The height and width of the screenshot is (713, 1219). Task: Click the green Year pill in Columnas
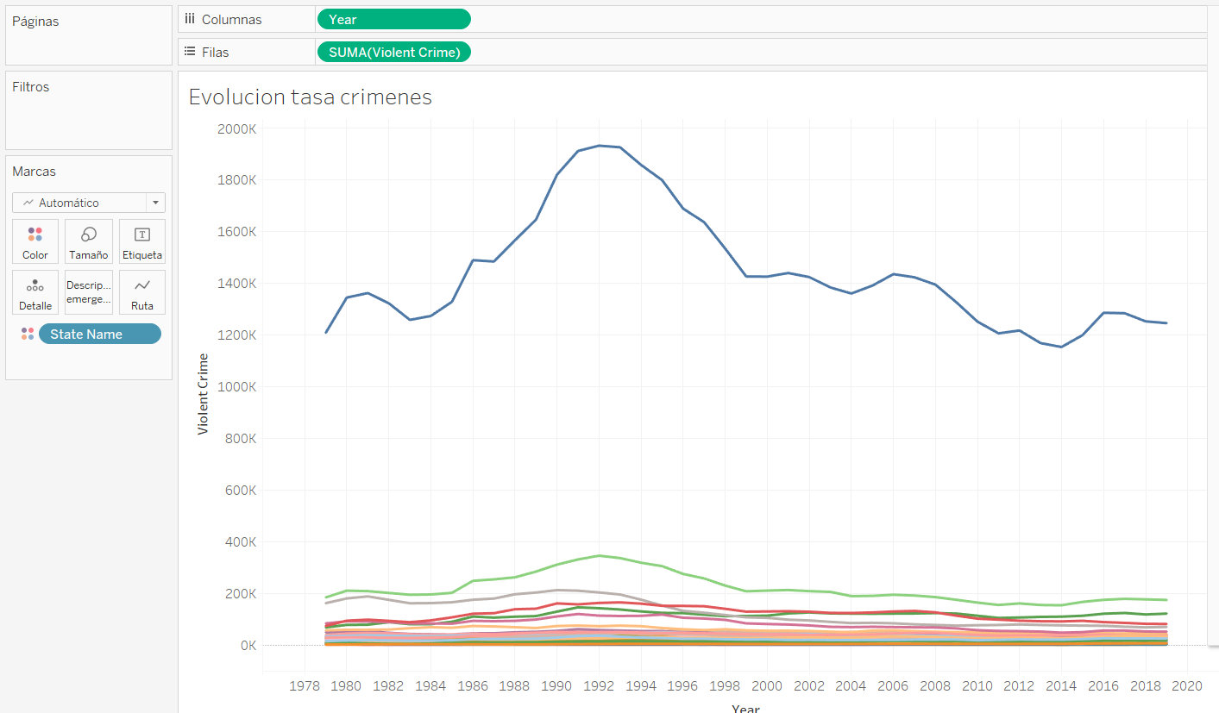click(393, 19)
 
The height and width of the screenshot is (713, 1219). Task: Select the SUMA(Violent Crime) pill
click(393, 52)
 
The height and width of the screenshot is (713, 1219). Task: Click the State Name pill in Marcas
click(99, 335)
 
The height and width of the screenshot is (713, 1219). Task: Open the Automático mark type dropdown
click(155, 203)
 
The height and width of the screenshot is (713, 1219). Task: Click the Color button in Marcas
click(35, 241)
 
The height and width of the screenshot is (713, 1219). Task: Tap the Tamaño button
click(88, 241)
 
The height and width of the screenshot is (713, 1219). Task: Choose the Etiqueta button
click(142, 241)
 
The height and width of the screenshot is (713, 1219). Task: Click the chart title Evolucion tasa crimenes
click(311, 97)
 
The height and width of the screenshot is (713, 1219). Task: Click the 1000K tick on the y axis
click(238, 386)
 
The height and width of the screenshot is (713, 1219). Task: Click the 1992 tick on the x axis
click(599, 686)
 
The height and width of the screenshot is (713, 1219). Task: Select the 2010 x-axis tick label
click(977, 686)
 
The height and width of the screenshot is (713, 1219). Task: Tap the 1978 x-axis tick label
click(305, 686)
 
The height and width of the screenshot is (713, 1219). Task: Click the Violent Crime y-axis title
click(204, 393)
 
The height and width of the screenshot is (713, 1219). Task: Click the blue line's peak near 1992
click(600, 146)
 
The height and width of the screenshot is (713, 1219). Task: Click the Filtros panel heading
click(31, 87)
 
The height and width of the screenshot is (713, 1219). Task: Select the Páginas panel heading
click(35, 21)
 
